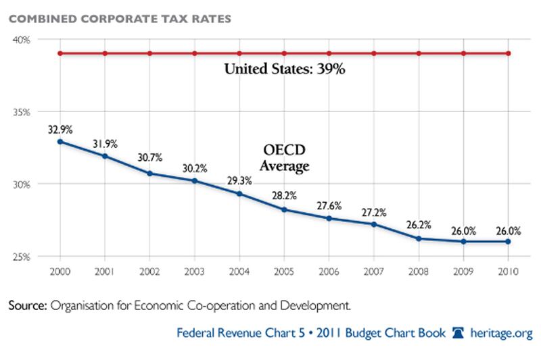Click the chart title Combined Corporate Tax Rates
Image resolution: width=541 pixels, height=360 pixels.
pyautogui.click(x=120, y=18)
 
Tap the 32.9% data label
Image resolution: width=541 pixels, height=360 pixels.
pyautogui.click(x=60, y=128)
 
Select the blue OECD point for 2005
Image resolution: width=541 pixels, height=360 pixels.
pyautogui.click(x=284, y=209)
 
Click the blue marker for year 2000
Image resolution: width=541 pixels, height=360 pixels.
pyautogui.click(x=60, y=141)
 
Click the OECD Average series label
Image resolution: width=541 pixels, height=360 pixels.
pyautogui.click(x=285, y=157)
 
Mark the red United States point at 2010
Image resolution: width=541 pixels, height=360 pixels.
pyautogui.click(x=508, y=53)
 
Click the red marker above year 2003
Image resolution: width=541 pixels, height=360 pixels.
pyautogui.click(x=194, y=53)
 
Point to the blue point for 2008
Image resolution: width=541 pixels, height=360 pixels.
pyautogui.click(x=419, y=238)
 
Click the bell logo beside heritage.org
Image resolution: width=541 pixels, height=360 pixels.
pyautogui.click(x=458, y=333)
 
